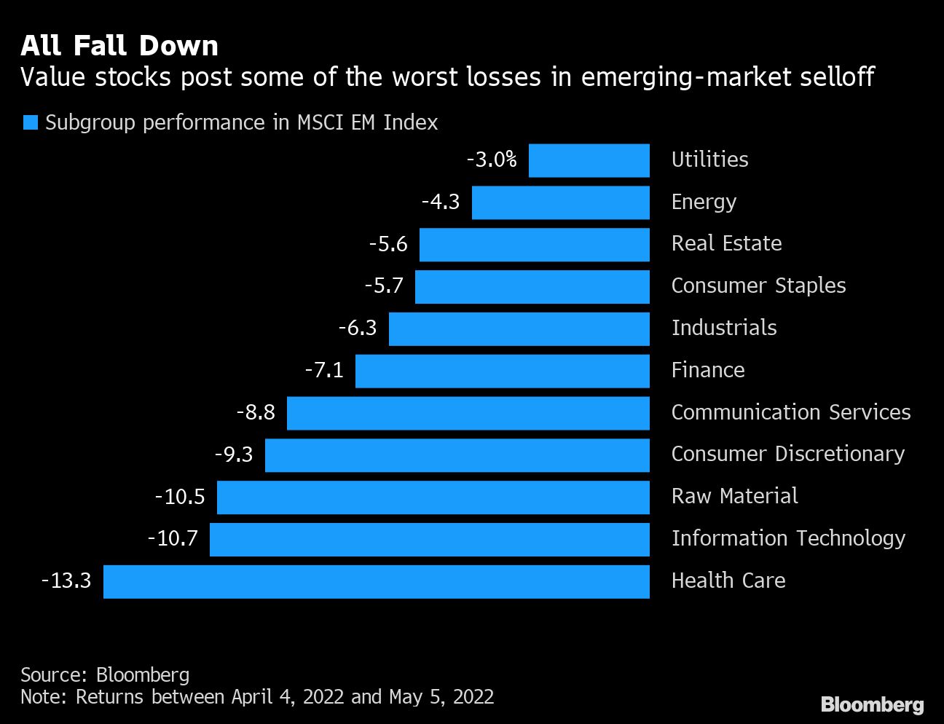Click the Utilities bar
pos(589,160)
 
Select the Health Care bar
pos(376,581)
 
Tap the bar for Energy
pos(560,202)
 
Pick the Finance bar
pos(502,371)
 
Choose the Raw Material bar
pos(433,497)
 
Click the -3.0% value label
pos(492,160)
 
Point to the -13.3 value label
pos(66,581)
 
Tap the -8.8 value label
pos(256,412)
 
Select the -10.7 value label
pos(173,538)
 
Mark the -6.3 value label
pos(358,328)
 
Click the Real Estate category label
pos(726,243)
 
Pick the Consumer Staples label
pos(758,286)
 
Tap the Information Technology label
pos(788,538)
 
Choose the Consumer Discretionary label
pos(787,454)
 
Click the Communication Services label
pos(790,412)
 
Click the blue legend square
pos(30,122)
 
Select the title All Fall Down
pos(119,46)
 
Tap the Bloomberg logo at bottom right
pos(872,704)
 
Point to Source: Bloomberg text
pos(105,675)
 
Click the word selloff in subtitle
pos(833,76)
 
